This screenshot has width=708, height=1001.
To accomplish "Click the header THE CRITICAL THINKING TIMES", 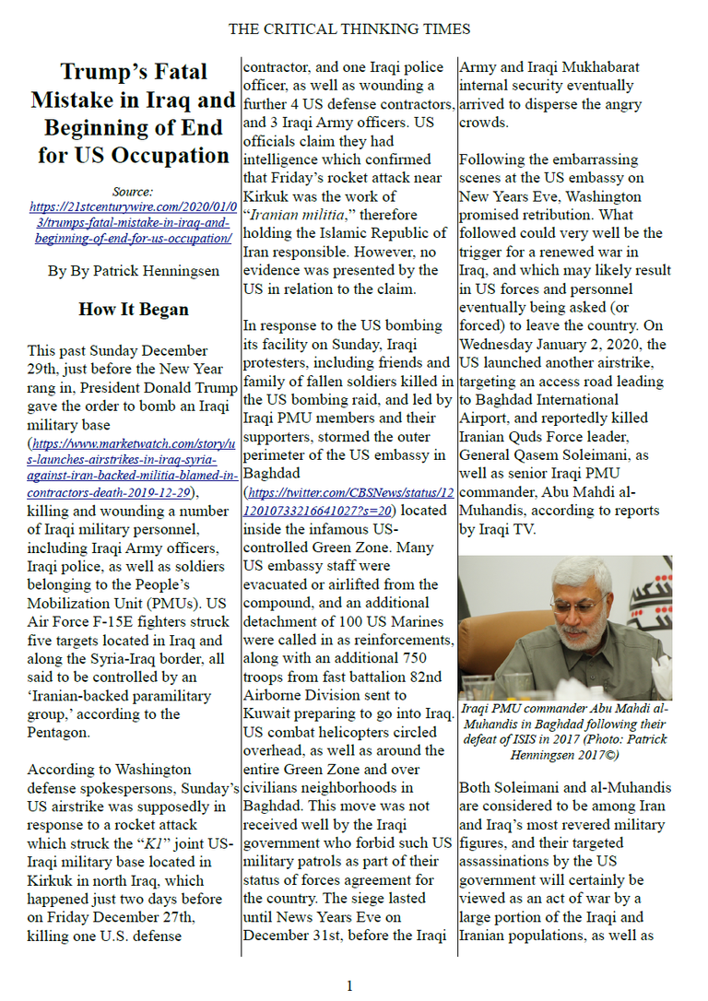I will (349, 29).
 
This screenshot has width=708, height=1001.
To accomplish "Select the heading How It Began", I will (134, 310).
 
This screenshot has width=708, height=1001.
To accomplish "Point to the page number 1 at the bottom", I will (349, 986).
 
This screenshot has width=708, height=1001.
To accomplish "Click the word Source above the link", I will (133, 192).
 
